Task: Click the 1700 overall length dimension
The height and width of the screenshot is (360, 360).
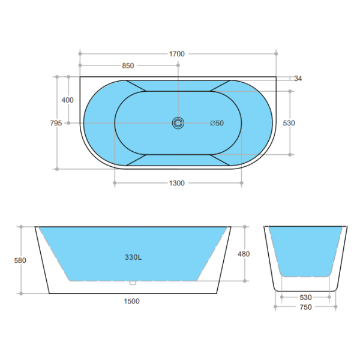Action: [x=177, y=54]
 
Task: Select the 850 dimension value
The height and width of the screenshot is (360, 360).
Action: [x=128, y=66]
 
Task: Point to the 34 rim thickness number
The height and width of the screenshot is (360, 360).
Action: [x=298, y=78]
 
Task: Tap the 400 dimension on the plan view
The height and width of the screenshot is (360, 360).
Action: [x=68, y=100]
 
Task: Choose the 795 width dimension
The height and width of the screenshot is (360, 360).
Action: [x=56, y=123]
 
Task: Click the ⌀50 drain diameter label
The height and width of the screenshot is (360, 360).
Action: [x=217, y=123]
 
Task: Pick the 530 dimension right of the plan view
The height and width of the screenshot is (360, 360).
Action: [x=289, y=123]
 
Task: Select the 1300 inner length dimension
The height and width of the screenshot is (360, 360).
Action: [x=177, y=183]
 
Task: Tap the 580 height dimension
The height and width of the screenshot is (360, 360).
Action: [x=20, y=260]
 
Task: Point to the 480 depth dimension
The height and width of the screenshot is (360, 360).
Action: [x=244, y=254]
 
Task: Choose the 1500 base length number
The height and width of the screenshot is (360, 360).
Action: [x=132, y=301]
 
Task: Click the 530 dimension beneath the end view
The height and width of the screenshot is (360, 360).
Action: [x=305, y=297]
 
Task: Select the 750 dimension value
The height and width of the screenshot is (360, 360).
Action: [x=305, y=307]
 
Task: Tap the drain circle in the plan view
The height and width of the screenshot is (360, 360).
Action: [x=178, y=123]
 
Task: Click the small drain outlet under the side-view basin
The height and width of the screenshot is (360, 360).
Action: [x=133, y=282]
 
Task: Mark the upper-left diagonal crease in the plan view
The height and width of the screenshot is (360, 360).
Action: [x=136, y=85]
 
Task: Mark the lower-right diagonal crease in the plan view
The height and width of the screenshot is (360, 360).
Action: [x=221, y=160]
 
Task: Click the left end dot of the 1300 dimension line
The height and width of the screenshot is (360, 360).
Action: [x=114, y=183]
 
